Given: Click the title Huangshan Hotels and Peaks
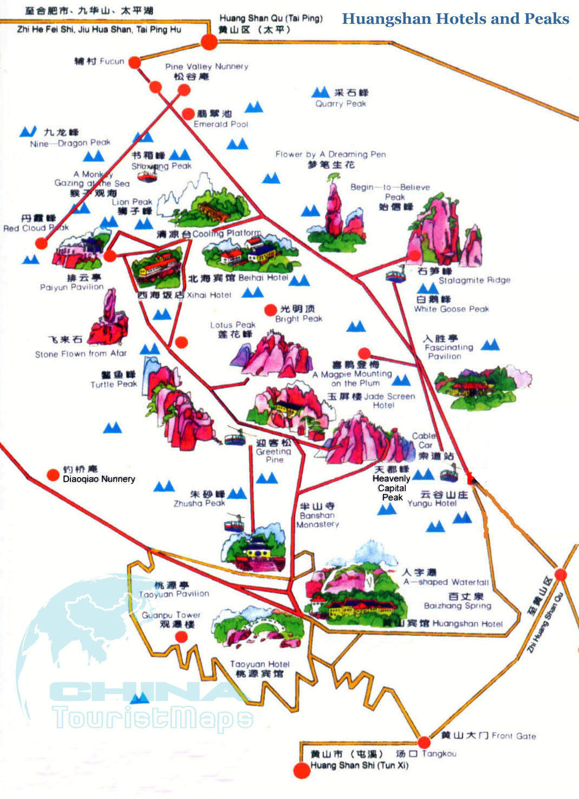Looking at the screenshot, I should click(456, 19).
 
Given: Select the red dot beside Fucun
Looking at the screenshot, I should click(135, 62).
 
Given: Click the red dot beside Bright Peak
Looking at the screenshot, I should click(270, 310).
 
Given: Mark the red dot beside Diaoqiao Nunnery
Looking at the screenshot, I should click(53, 475).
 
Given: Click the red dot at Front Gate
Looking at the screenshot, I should click(424, 742).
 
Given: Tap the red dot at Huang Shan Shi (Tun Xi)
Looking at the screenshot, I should click(301, 770).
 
